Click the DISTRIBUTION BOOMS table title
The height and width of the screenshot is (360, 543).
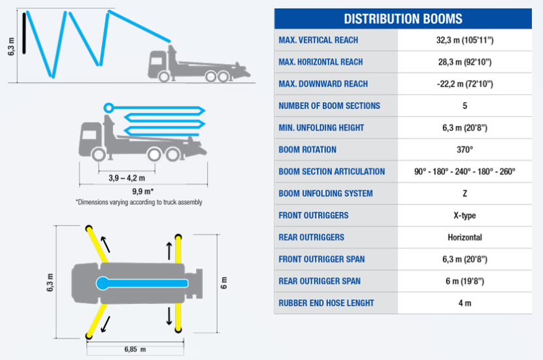point(403,19)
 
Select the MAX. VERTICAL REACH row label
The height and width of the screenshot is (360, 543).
point(318,40)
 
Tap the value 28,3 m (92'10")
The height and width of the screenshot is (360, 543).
point(465,62)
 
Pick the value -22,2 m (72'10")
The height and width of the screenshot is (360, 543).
point(465,84)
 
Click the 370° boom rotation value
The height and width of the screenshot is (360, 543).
point(465,150)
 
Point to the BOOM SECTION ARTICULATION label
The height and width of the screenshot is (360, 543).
point(332,171)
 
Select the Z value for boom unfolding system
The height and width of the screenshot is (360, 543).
point(465,193)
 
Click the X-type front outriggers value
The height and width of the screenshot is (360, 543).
point(465,216)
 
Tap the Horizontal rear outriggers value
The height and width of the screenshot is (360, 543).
point(465,237)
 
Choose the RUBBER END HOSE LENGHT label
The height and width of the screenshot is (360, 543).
point(326,303)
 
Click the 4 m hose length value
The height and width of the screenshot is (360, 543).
point(465,303)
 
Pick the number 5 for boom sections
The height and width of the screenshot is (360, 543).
point(465,106)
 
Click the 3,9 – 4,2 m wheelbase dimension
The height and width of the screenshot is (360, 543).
point(127,178)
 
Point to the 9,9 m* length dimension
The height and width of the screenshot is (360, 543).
point(142,191)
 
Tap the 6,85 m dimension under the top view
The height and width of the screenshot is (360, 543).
point(135,350)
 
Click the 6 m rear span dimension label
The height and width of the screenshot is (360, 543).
point(224,283)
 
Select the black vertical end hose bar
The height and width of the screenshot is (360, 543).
point(24,33)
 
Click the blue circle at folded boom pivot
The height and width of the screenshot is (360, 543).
point(108,108)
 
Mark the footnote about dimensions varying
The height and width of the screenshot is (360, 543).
point(139,202)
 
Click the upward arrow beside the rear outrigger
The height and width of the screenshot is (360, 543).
point(169,251)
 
